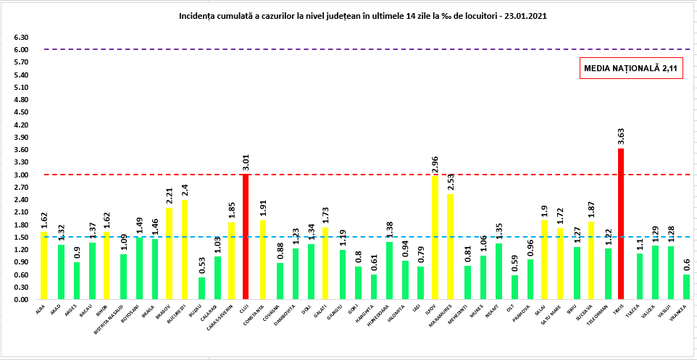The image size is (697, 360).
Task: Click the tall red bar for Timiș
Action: coord(621,225)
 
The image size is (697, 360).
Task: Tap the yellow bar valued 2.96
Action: coord(435,238)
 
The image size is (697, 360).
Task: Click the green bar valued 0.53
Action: coord(201,288)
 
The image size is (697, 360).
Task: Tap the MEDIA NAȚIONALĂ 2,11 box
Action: coord(630,68)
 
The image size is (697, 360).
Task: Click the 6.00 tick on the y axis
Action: coord(20,50)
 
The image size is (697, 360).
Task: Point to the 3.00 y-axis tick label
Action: coord(20,175)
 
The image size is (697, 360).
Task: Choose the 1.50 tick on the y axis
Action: coord(20,238)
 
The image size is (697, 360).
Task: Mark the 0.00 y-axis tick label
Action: coord(20,300)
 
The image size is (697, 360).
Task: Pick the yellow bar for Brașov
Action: coord(169,254)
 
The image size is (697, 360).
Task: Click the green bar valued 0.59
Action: coord(514,288)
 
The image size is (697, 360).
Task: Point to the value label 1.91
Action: coord(263,209)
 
